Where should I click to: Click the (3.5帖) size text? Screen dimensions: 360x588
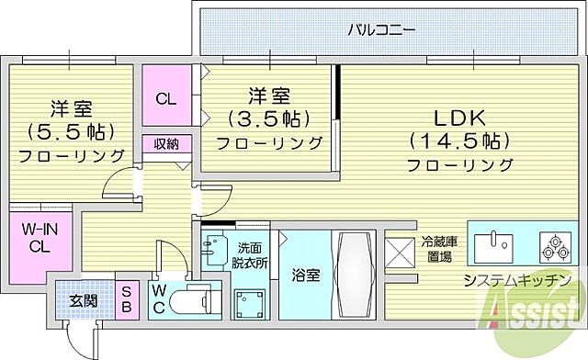coord(269,118)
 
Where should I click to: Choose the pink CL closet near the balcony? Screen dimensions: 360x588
coord(166,99)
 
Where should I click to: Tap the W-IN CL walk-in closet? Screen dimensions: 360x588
coord(38,238)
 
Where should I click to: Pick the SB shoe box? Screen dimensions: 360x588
coord(128,298)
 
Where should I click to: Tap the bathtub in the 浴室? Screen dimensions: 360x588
coord(353,275)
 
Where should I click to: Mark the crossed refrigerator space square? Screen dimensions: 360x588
coord(401,253)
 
